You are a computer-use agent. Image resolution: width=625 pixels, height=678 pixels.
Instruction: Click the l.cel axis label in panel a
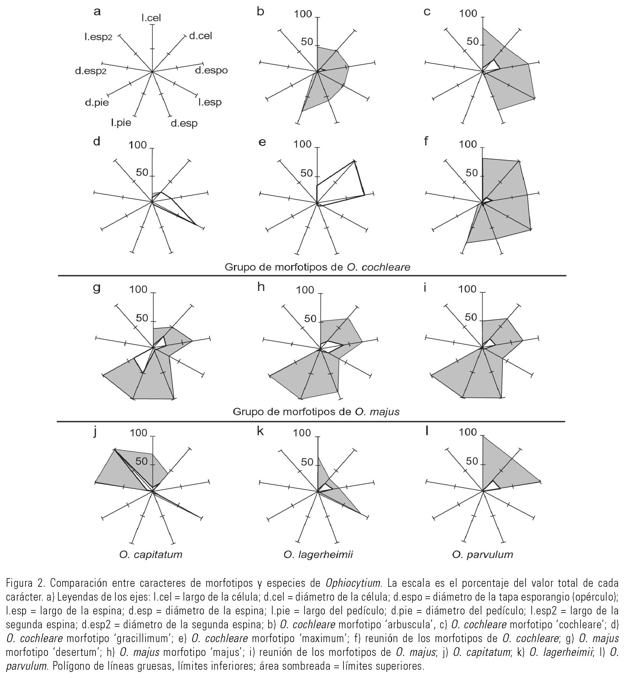pyautogui.click(x=151, y=18)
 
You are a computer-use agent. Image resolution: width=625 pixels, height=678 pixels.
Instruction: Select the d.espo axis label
pyautogui.click(x=212, y=70)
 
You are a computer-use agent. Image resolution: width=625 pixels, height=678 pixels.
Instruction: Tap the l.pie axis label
pyautogui.click(x=121, y=123)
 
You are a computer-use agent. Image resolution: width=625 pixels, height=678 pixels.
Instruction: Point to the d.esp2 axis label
pyautogui.click(x=91, y=71)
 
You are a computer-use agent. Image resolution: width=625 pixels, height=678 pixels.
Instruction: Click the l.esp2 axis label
pyautogui.click(x=99, y=37)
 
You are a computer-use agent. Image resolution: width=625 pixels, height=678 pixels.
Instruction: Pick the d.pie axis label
pyautogui.click(x=97, y=103)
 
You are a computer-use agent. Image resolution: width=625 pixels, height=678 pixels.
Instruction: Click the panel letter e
pyautogui.click(x=262, y=142)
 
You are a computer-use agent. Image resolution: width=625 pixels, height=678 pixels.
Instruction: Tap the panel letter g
pyautogui.click(x=97, y=288)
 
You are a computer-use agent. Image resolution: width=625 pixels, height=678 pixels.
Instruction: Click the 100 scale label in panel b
pyautogui.click(x=303, y=14)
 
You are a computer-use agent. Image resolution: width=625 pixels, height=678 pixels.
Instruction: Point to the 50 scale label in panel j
pyautogui.click(x=142, y=461)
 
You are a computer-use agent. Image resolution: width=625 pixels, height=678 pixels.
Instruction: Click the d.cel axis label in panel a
pyautogui.click(x=200, y=36)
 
